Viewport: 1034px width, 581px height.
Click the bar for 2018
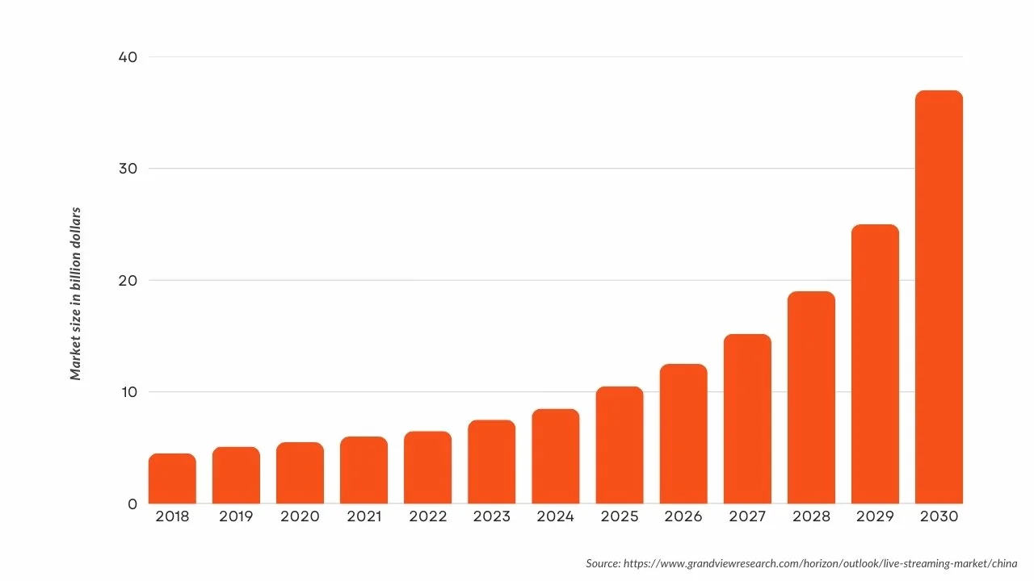point(172,479)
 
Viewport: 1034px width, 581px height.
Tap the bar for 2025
point(620,445)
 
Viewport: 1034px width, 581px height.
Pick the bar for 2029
point(875,364)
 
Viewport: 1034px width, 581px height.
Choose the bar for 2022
point(427,467)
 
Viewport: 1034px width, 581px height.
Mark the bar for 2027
point(747,419)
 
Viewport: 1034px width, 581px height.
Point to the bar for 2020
point(300,473)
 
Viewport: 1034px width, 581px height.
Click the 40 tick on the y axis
point(129,57)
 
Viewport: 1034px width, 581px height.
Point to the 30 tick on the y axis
point(129,169)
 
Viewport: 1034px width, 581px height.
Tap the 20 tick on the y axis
point(129,281)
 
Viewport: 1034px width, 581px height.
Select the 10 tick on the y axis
point(129,392)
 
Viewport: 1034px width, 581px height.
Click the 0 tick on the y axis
point(132,504)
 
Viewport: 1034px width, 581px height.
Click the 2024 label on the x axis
point(555,516)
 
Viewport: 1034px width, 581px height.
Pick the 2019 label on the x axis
point(236,516)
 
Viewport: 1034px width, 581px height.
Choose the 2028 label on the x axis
point(811,516)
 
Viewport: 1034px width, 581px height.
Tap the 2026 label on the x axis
point(683,516)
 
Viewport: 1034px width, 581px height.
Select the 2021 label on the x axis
point(364,516)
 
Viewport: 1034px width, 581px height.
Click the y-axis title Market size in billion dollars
point(76,294)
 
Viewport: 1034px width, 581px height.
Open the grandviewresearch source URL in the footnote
point(820,563)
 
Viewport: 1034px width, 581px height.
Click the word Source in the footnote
point(603,563)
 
